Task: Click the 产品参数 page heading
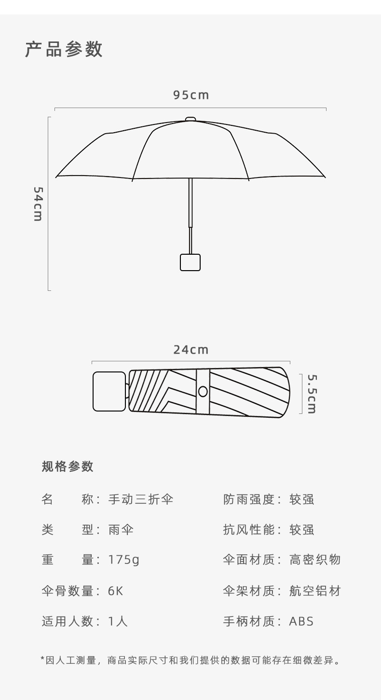click(64, 49)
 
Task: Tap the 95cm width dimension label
click(191, 95)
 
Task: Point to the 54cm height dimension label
click(38, 204)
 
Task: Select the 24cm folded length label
click(191, 350)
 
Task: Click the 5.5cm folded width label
click(312, 394)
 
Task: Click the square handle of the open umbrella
click(190, 262)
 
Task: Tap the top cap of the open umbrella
click(190, 119)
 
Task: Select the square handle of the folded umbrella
click(109, 391)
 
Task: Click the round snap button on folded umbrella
click(203, 391)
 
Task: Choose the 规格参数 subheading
click(68, 466)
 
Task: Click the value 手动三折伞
click(140, 499)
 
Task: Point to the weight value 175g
click(123, 560)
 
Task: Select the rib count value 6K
click(116, 591)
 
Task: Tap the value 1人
click(118, 621)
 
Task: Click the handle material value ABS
click(301, 621)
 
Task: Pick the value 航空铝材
click(315, 591)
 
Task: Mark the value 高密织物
click(315, 560)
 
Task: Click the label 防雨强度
click(248, 499)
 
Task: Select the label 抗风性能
click(248, 530)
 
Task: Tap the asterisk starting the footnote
click(43, 659)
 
